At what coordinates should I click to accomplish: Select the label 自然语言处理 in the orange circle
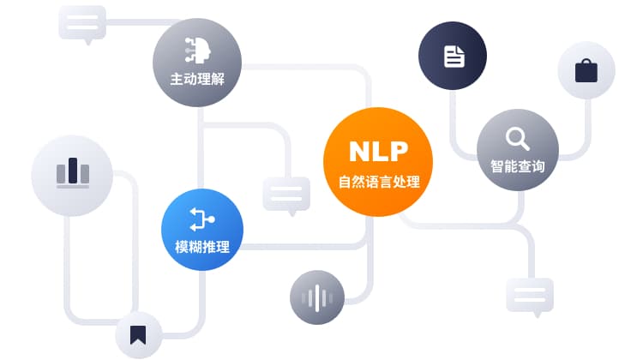378,181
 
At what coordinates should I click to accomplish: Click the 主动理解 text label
197,81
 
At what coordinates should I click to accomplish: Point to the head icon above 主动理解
197,51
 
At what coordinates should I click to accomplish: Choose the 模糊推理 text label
202,248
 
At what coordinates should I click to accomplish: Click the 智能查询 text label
517,166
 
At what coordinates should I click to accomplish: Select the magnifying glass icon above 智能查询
517,137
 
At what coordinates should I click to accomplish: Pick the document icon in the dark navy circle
454,57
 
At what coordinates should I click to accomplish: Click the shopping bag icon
586,70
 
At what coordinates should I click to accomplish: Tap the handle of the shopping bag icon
586,62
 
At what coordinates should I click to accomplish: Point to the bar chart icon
72,173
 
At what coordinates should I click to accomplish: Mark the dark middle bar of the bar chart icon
72,171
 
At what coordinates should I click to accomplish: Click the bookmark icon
138,335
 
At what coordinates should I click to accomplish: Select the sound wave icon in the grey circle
317,298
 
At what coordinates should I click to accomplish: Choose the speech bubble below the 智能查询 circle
530,296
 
